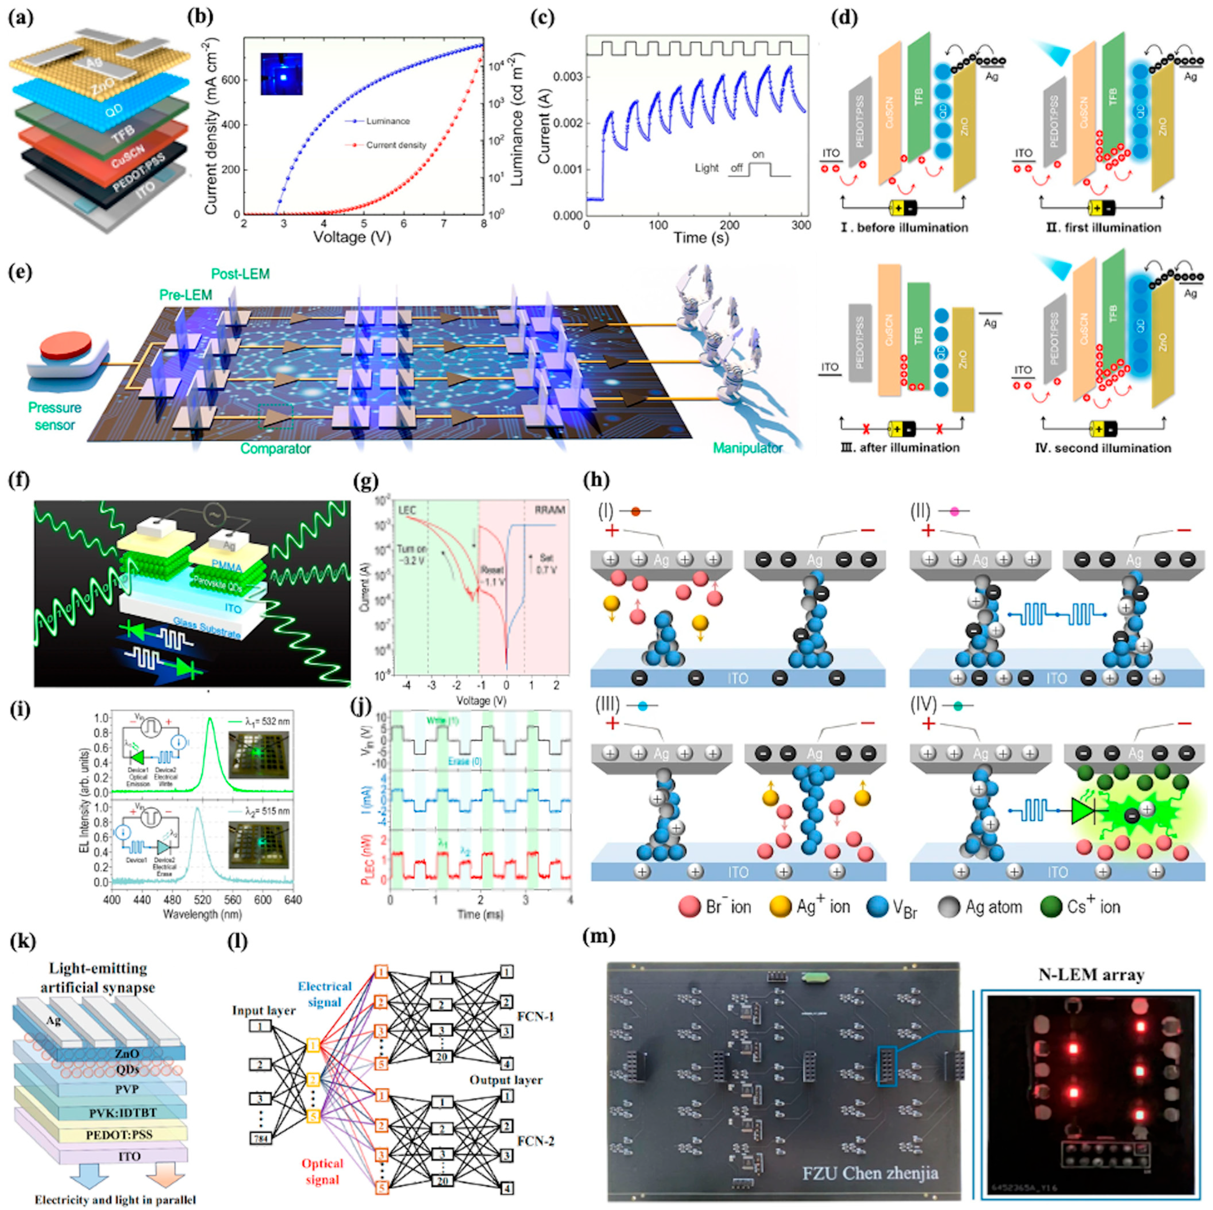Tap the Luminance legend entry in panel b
387,121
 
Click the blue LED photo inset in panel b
282,74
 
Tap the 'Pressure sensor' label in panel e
55,416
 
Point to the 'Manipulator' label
747,448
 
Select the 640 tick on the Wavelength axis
293,900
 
